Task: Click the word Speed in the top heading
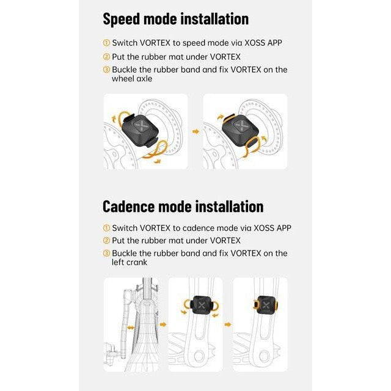pos(122,19)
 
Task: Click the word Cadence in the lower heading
pos(128,206)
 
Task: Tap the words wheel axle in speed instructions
pos(132,79)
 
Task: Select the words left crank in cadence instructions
pos(130,262)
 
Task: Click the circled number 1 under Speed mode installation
pos(106,43)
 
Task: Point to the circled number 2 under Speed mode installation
pos(106,57)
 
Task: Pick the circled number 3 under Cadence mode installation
pos(106,254)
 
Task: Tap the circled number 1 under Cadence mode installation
pos(106,228)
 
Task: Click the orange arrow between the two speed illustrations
pos(196,131)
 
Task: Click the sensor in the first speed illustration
pos(141,130)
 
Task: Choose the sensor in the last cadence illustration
pos(265,305)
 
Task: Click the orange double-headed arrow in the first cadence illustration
pos(131,327)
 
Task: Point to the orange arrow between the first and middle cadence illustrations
pos(163,324)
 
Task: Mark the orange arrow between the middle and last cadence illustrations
pos(228,324)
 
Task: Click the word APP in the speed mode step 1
pos(274,43)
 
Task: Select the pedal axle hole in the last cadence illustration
pos(264,356)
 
